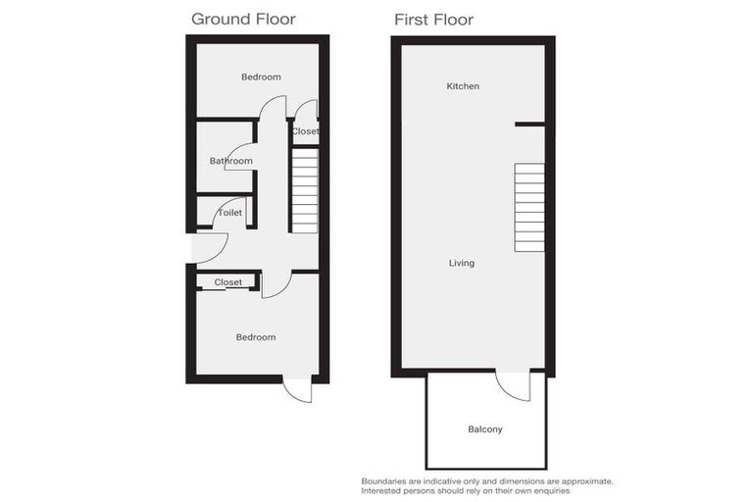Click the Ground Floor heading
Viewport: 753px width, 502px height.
coord(243,19)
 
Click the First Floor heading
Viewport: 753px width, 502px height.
coord(433,19)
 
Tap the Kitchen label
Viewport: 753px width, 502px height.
coord(463,86)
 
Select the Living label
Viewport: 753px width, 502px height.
coord(462,263)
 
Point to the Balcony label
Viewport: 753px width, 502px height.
coord(485,429)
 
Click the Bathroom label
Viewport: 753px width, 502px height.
coord(230,161)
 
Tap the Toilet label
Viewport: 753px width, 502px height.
coord(230,212)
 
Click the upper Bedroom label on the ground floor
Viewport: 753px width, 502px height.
coord(261,77)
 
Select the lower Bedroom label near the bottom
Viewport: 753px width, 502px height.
coord(256,337)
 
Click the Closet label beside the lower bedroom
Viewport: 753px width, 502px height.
coord(227,282)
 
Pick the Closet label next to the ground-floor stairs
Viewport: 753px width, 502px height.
coord(305,131)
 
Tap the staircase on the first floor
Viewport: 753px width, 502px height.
coord(529,207)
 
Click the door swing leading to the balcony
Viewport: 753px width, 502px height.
coord(514,385)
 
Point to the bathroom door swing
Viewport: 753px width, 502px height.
coord(241,157)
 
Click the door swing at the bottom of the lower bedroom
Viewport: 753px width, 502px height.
coord(297,389)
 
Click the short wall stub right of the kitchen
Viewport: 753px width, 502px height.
coord(529,124)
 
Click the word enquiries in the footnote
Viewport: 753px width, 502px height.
coord(547,490)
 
